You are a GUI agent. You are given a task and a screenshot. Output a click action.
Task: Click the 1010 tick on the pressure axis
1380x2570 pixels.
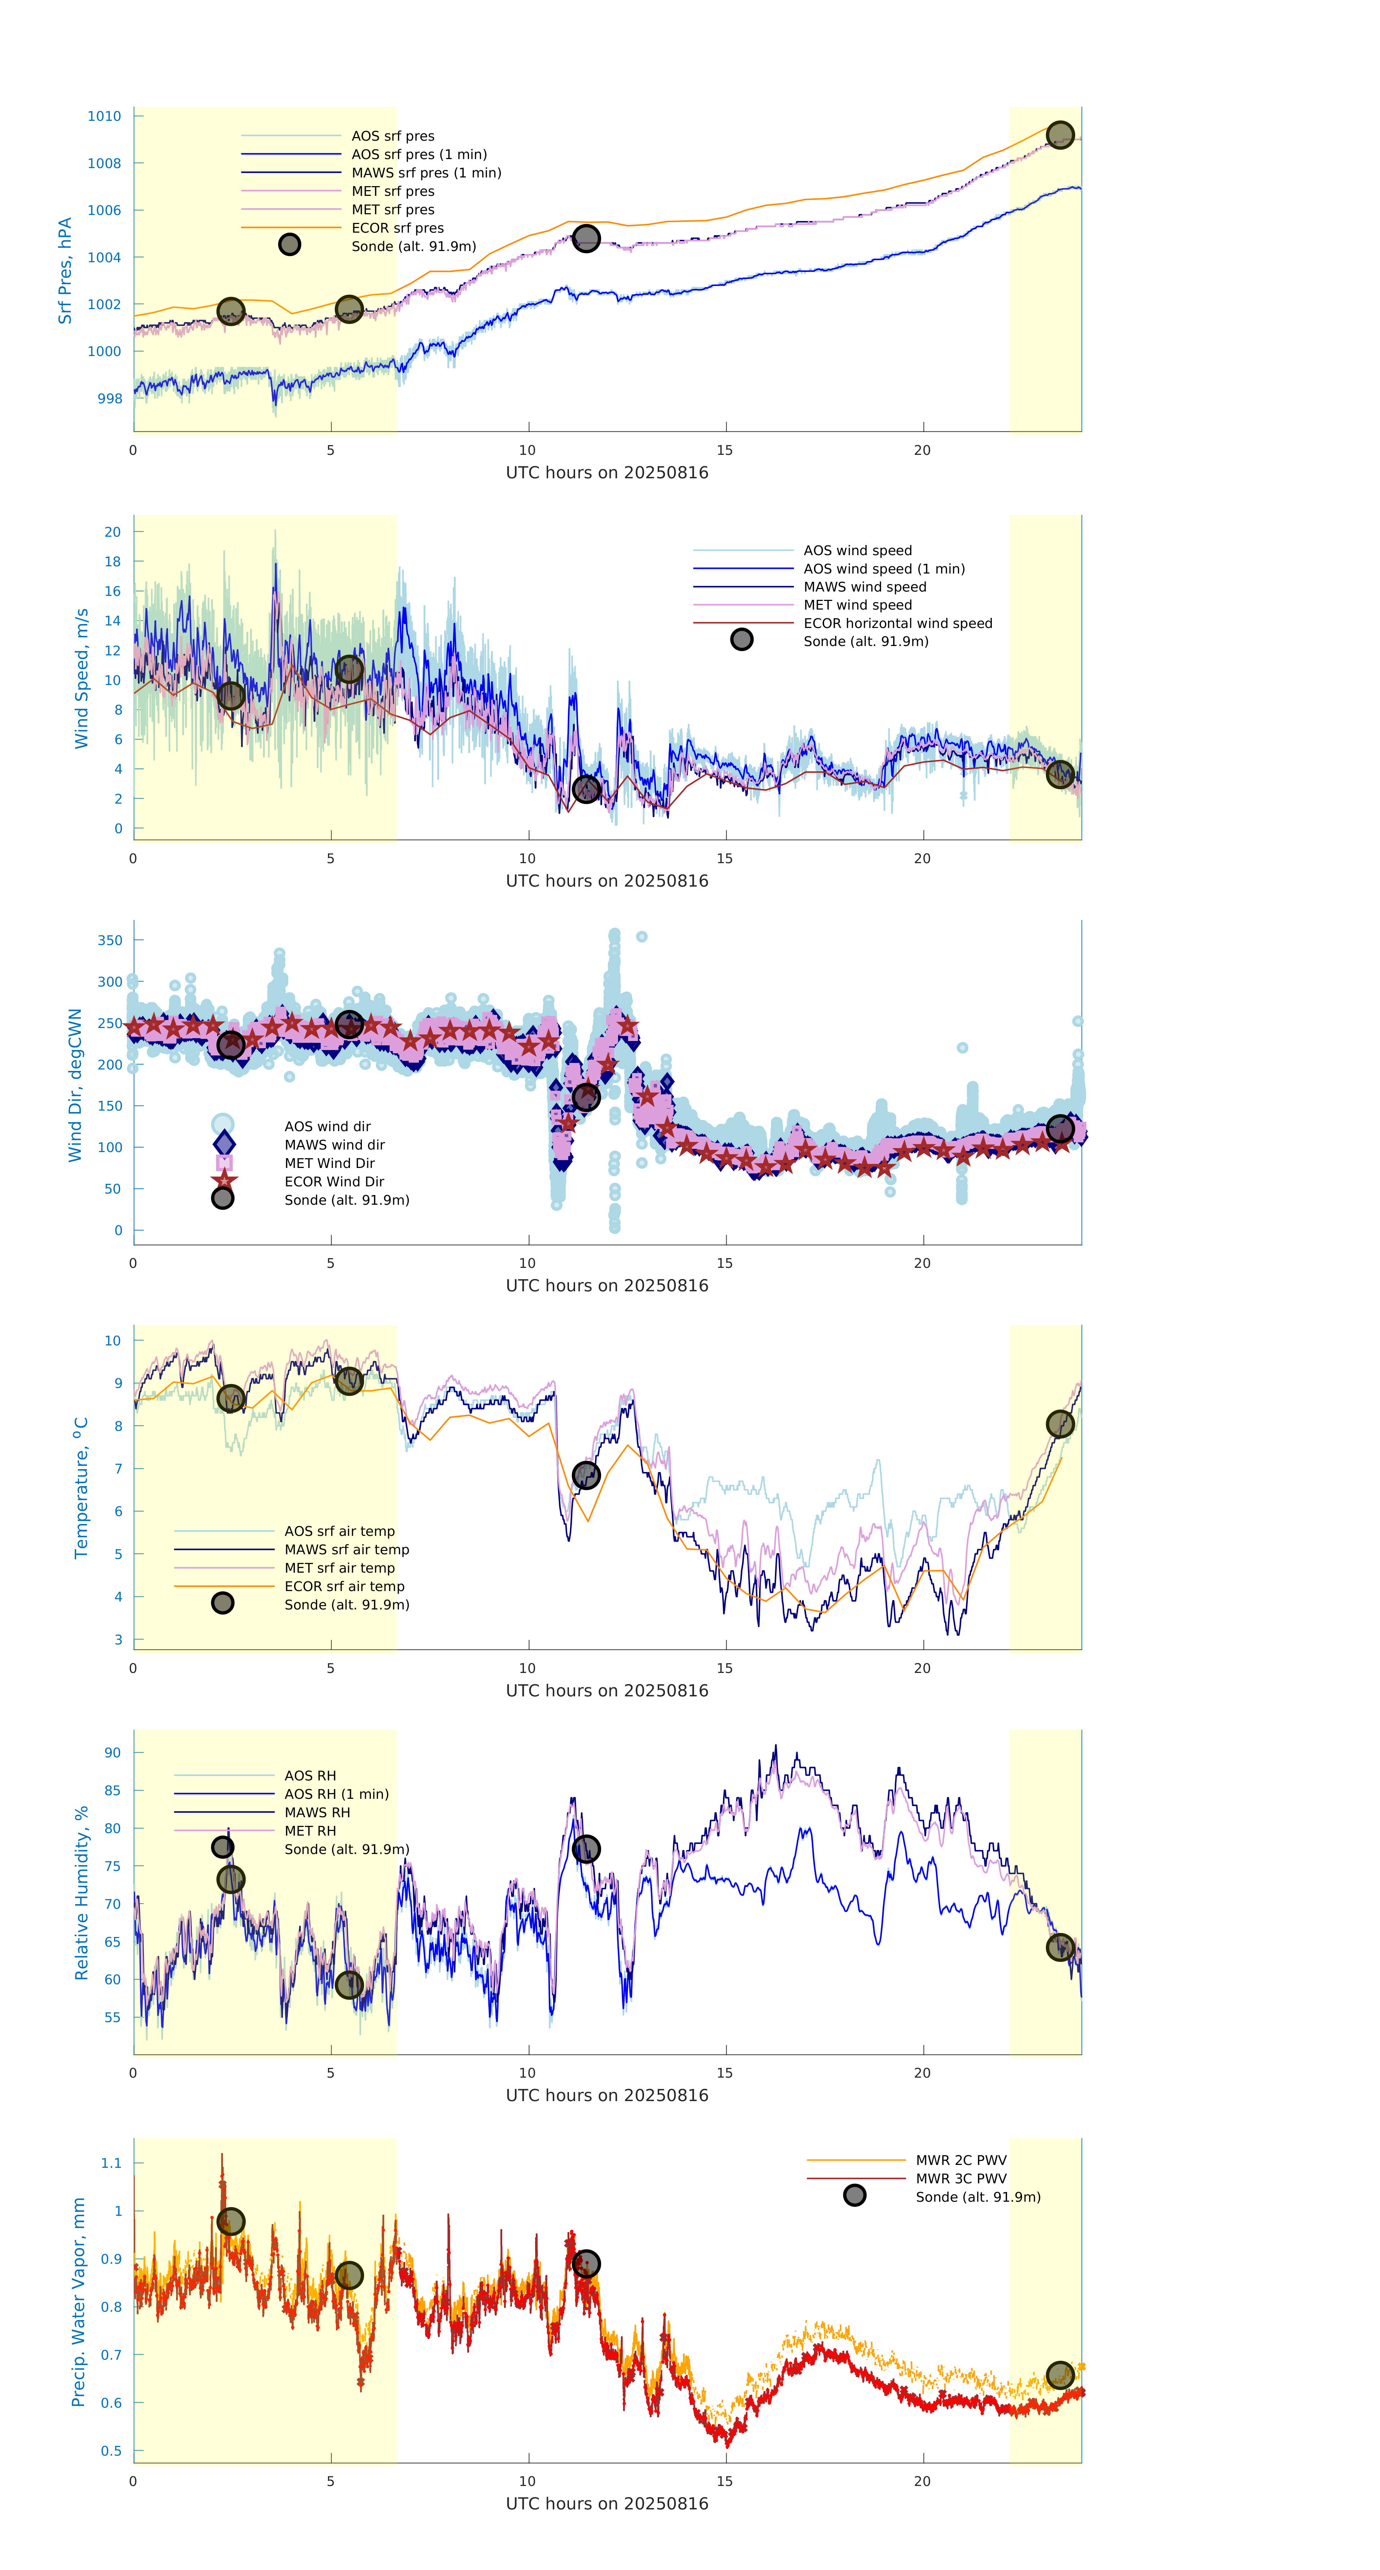(x=104, y=116)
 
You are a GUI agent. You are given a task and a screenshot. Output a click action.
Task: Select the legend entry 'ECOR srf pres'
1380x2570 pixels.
(x=397, y=228)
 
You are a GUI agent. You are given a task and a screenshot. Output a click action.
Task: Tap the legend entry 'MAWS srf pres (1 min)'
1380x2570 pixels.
(x=426, y=173)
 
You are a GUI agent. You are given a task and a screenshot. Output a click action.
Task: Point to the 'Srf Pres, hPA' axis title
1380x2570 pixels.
(x=65, y=271)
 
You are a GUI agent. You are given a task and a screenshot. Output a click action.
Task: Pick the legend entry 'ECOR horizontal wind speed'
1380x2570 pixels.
(x=897, y=624)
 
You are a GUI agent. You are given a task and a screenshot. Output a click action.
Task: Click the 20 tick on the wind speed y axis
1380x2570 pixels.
(x=113, y=532)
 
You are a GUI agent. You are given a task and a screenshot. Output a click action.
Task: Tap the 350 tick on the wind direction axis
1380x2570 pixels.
(x=110, y=940)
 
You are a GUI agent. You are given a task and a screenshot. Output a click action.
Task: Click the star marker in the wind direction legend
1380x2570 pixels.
(x=224, y=1180)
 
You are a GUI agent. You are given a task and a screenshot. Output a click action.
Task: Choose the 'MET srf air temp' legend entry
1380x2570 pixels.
(x=339, y=1567)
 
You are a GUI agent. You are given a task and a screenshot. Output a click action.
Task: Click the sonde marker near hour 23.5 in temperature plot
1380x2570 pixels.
(x=1060, y=1424)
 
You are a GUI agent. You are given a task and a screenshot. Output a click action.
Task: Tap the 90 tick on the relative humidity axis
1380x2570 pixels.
(x=113, y=1752)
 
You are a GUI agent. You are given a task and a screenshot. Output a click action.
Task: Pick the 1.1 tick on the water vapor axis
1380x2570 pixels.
(x=111, y=2163)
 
